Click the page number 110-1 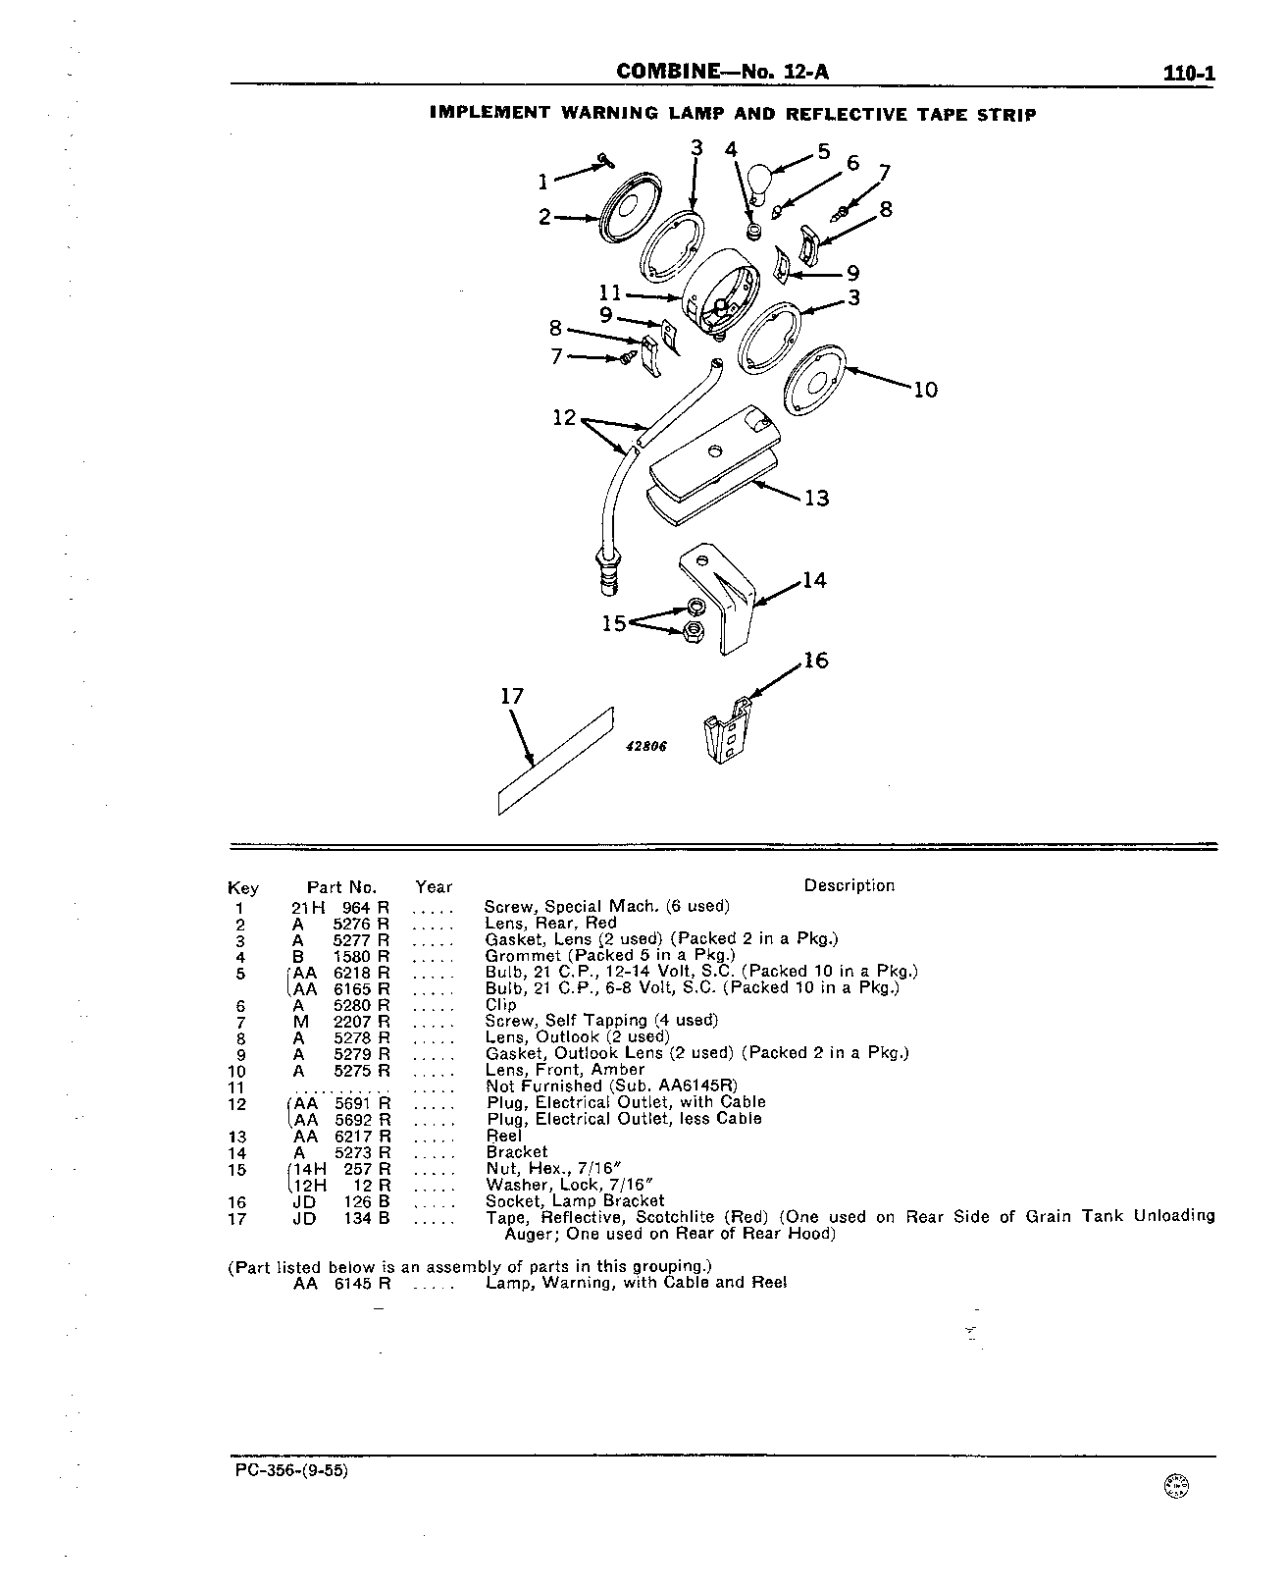(1189, 74)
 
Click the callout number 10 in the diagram (925, 390)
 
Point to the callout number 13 (817, 498)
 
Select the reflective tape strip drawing (556, 761)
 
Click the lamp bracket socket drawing (728, 731)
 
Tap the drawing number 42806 (646, 747)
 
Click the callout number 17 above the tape (512, 697)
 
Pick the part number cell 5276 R (361, 923)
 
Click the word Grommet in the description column (522, 956)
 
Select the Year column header (434, 887)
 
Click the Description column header (849, 885)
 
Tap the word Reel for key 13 (503, 1136)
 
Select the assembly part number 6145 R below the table (362, 1283)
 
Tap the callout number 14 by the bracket (815, 580)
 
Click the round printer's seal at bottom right (1176, 1486)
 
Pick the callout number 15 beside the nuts (614, 622)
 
